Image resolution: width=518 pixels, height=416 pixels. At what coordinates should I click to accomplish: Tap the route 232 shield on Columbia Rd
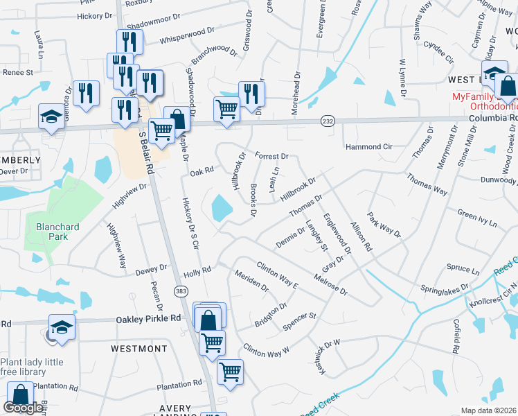pyautogui.click(x=328, y=121)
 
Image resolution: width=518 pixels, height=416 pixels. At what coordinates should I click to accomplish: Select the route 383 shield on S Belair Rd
pyautogui.click(x=181, y=291)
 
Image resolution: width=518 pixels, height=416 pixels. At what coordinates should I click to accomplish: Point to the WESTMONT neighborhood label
pyautogui.click(x=139, y=349)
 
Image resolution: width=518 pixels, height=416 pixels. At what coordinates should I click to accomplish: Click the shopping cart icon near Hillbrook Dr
pyautogui.click(x=227, y=109)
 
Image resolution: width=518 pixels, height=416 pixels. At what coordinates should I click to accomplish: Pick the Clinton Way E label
pyautogui.click(x=277, y=276)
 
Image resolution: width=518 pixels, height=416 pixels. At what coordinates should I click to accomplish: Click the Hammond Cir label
pyautogui.click(x=368, y=147)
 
